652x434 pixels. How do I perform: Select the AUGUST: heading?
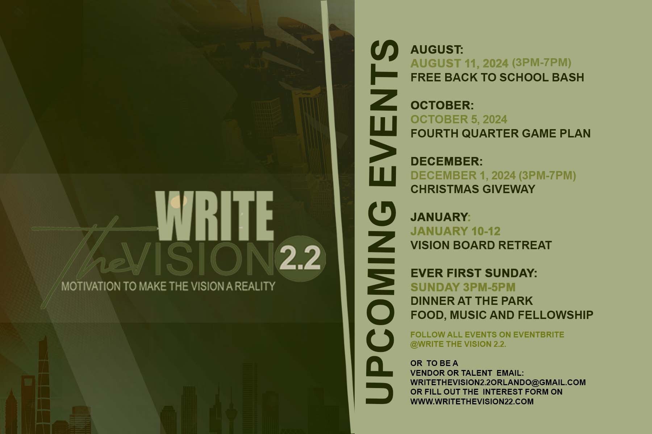[x=437, y=49]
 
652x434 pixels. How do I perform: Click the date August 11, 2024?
[x=459, y=63]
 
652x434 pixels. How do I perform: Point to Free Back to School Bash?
[x=497, y=77]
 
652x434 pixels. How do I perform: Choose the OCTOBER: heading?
[x=442, y=105]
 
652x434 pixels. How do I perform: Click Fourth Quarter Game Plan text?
[x=500, y=133]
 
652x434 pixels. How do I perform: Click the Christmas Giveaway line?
[x=473, y=189]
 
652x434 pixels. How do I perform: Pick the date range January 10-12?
[x=455, y=231]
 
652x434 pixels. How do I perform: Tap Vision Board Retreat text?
[x=481, y=245]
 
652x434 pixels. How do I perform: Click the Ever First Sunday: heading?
[x=474, y=273]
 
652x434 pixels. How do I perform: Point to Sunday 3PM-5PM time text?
[x=463, y=287]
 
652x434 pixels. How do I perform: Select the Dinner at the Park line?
[x=472, y=301]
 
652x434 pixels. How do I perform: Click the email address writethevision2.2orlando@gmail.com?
[x=498, y=382]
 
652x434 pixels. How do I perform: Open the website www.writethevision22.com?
[x=472, y=401]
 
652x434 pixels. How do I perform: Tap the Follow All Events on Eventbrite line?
[x=487, y=335]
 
